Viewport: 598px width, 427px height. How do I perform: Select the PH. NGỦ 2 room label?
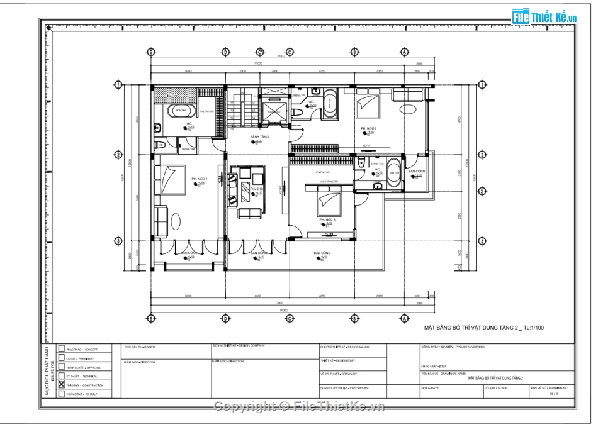click(x=369, y=128)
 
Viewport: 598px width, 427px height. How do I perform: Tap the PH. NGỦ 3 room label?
click(x=326, y=220)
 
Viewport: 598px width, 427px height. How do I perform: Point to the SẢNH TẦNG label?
click(x=259, y=136)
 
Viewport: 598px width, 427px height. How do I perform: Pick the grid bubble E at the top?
click(x=150, y=52)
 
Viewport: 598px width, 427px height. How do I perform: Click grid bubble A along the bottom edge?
click(x=404, y=318)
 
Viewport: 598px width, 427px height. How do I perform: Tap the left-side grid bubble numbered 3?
click(x=117, y=241)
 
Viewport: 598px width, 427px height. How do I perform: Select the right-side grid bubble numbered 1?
click(x=481, y=85)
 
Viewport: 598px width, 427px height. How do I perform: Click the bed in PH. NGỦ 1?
click(x=169, y=177)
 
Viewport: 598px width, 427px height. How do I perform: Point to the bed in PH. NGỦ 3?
click(x=329, y=201)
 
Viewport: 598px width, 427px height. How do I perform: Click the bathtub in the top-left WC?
click(x=181, y=112)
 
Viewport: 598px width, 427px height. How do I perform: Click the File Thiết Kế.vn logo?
click(x=544, y=16)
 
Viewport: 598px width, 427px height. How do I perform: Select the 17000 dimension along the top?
click(x=258, y=64)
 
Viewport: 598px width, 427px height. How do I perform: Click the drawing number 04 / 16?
click(x=553, y=395)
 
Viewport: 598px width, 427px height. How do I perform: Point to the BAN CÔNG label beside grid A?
click(x=416, y=171)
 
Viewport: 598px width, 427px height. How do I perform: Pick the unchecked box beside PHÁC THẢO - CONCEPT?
click(x=61, y=348)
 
